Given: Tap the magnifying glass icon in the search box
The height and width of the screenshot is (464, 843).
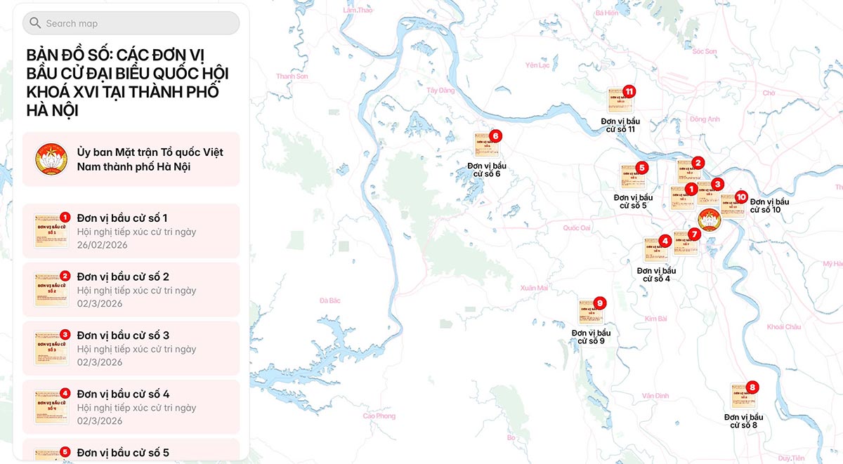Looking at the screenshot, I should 35,23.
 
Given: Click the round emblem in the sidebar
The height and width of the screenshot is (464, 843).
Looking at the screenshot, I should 51,159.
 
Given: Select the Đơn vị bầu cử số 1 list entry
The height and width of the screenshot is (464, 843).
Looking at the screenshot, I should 131,231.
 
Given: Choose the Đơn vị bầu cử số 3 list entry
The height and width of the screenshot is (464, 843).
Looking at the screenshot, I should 131,348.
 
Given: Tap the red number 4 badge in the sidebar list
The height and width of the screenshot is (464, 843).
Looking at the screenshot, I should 65,393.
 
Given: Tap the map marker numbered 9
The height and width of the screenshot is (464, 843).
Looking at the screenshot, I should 591,311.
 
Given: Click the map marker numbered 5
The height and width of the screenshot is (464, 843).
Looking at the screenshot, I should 632,176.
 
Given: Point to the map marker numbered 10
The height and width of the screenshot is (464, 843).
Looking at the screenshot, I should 732,205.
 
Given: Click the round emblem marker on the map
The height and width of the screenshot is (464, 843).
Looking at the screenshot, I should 710,220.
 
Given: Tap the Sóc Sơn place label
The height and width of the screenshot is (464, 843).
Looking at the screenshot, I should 704,51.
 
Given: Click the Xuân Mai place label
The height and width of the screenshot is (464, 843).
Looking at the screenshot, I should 534,288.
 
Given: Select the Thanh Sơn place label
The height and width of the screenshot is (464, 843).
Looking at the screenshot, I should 292,76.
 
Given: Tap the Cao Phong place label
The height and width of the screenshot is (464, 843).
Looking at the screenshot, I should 379,416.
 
